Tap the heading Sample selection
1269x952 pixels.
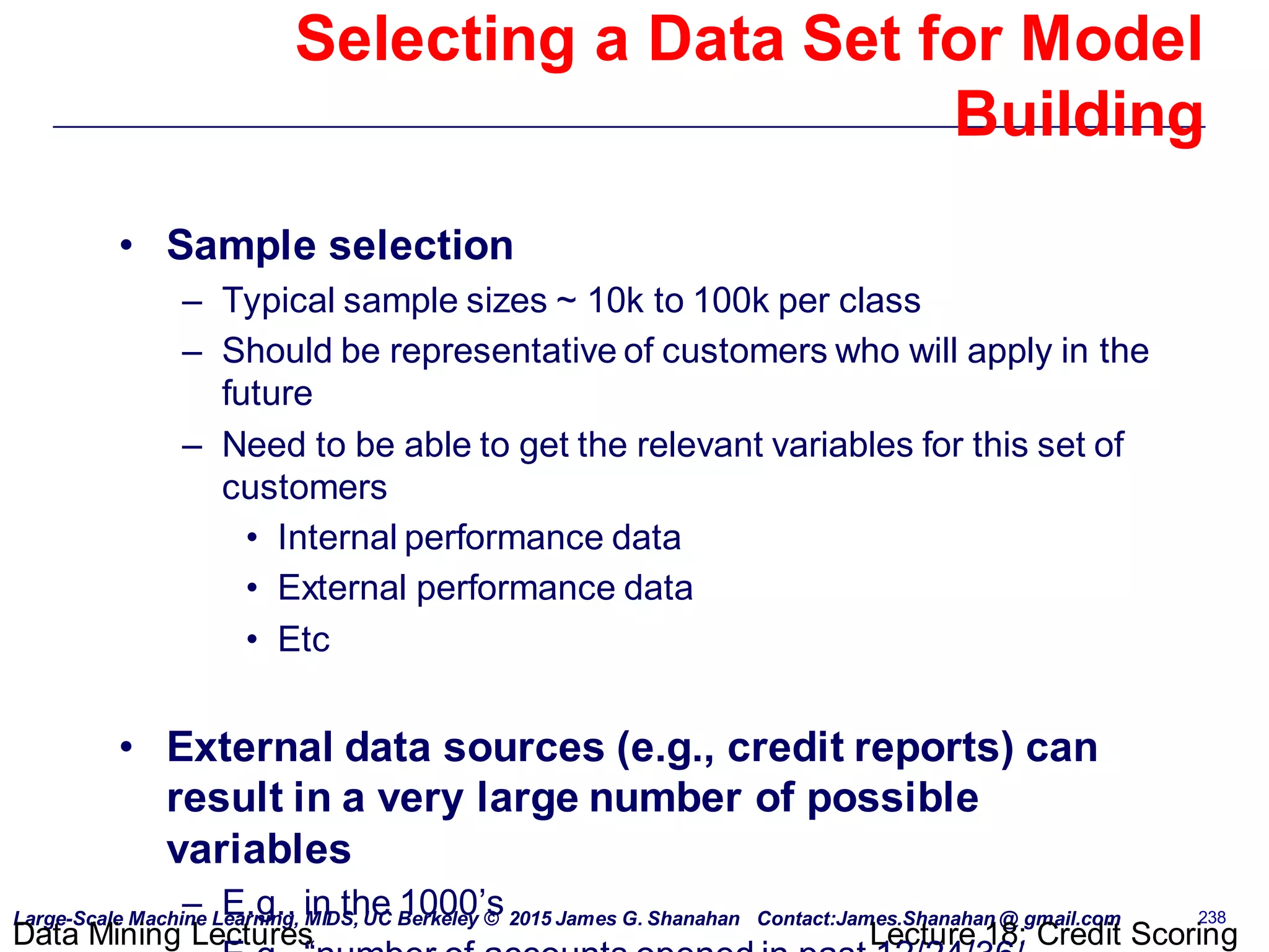coord(340,245)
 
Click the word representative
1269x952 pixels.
coord(503,351)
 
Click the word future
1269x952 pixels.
coord(267,394)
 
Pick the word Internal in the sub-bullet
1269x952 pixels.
coord(337,537)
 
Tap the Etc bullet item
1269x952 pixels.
coord(304,640)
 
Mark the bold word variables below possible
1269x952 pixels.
coord(259,849)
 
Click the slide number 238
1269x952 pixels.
coord(1211,917)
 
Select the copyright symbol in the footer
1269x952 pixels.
coord(491,919)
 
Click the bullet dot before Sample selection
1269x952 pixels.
coord(126,246)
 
